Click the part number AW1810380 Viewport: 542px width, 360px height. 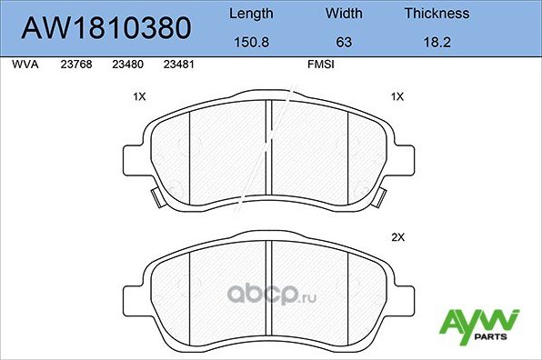105,29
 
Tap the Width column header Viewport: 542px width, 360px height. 344,14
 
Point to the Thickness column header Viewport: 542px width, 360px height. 437,14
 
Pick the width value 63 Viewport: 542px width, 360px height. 344,42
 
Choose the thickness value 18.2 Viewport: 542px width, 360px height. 437,42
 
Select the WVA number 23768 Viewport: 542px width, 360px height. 74,65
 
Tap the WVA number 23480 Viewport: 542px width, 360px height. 125,65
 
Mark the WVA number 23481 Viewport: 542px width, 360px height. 176,65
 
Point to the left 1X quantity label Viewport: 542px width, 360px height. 140,96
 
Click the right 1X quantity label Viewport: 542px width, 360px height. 396,96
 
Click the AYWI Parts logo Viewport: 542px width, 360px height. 479,325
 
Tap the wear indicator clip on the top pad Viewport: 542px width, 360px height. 156,195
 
